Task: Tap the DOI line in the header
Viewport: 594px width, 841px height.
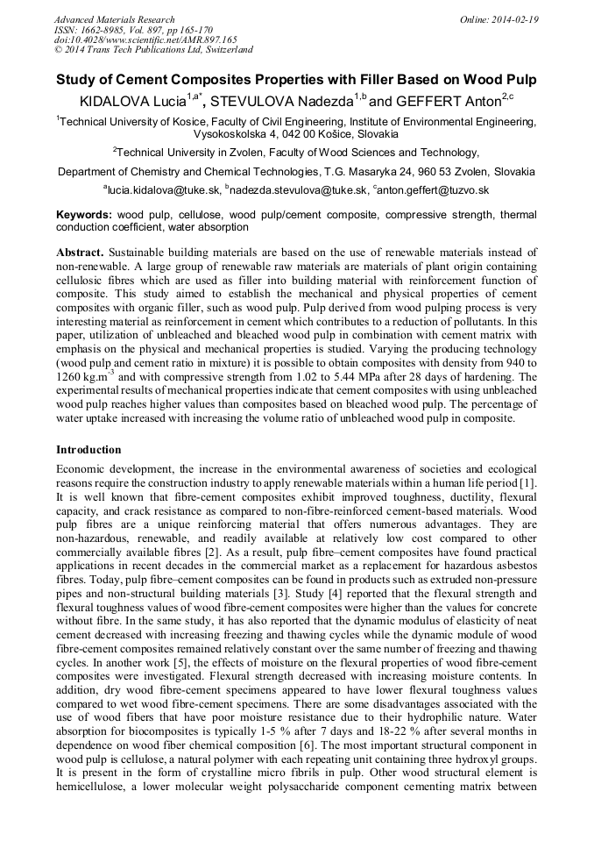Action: pyautogui.click(x=145, y=40)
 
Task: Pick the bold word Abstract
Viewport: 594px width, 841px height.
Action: pyautogui.click(x=85, y=252)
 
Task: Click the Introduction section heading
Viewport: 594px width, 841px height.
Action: pyautogui.click(x=88, y=450)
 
